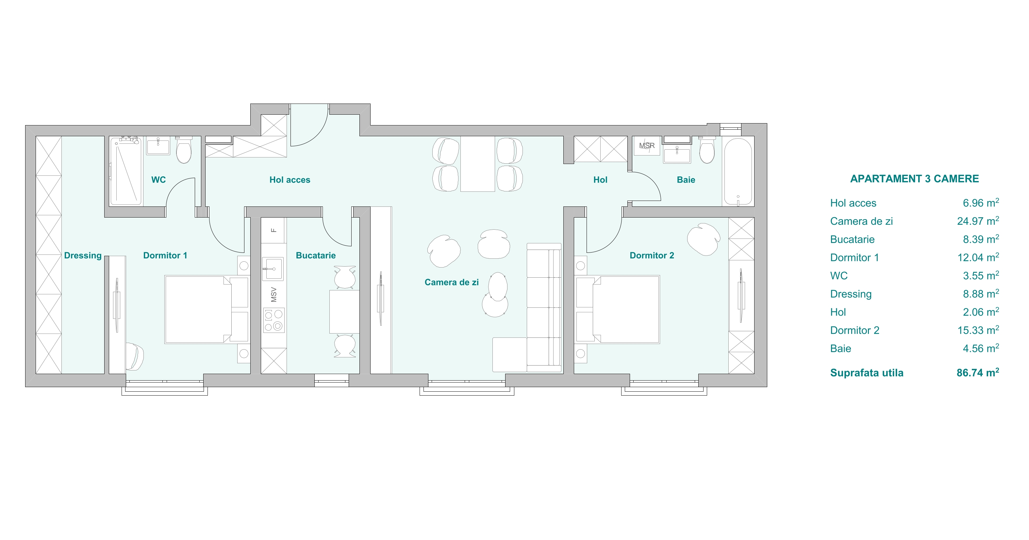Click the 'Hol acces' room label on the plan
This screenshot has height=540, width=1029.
coord(290,180)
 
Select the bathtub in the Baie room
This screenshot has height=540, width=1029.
coord(738,172)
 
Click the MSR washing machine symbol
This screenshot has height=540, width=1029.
coord(647,146)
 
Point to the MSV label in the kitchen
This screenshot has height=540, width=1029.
coord(274,294)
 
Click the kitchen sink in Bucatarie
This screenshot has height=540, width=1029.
coord(273,269)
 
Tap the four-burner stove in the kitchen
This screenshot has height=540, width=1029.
coord(274,320)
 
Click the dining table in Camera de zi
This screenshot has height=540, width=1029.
coord(478,164)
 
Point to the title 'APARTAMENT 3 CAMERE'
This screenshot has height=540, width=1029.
coord(914,179)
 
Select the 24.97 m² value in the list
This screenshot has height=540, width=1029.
coord(978,221)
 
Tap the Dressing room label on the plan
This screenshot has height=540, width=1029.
coord(83,255)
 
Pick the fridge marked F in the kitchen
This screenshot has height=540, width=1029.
coord(274,230)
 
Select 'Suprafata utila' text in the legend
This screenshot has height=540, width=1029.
coord(867,373)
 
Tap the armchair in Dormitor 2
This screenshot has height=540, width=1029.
coord(704,239)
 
